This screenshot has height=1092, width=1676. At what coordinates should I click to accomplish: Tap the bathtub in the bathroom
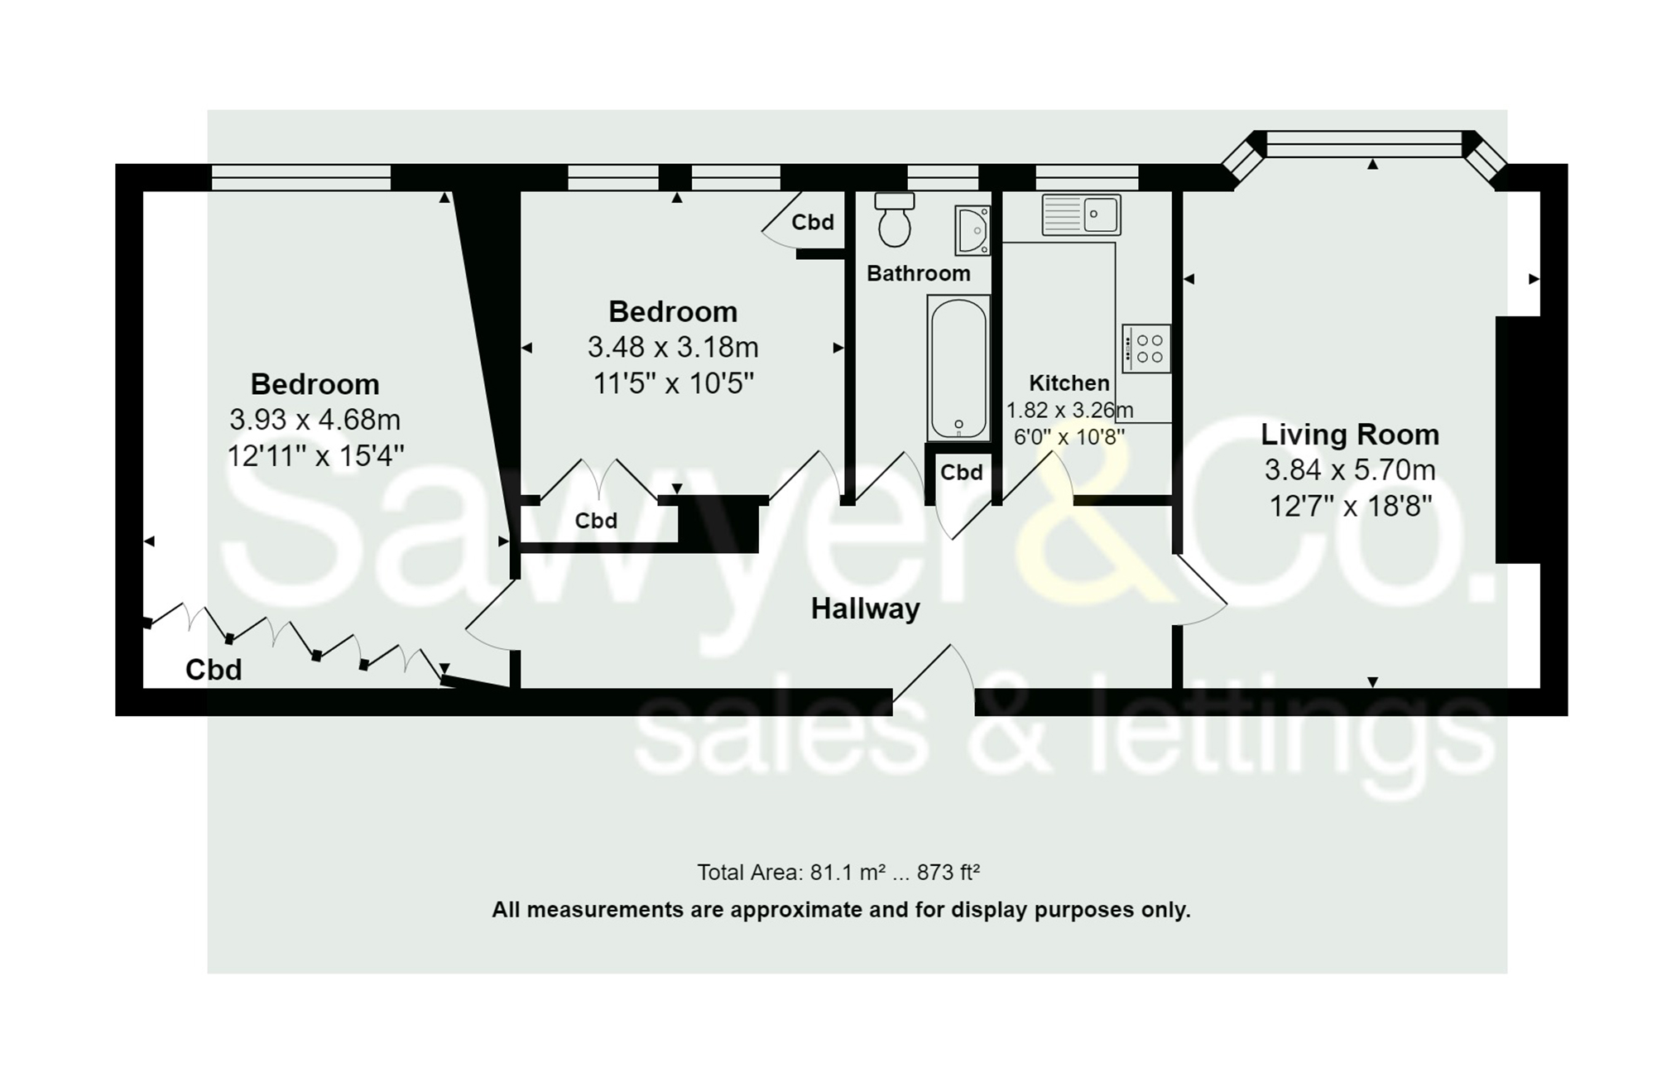point(958,368)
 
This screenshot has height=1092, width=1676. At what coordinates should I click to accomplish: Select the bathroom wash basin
point(972,229)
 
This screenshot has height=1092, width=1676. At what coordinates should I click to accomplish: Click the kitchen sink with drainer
point(1081,214)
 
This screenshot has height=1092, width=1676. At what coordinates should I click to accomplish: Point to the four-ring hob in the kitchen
point(1146,349)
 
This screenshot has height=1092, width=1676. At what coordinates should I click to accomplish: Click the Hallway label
point(865,609)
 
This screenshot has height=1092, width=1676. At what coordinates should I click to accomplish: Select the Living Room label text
point(1349,434)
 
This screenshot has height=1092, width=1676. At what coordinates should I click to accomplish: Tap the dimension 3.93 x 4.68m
point(315,420)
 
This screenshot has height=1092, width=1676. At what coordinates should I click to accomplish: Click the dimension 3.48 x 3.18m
point(673,347)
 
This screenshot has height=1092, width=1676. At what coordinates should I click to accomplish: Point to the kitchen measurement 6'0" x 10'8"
point(1069,436)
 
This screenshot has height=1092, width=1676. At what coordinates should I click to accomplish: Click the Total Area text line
point(838,872)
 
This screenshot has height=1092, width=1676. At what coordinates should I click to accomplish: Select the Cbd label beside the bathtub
point(961,472)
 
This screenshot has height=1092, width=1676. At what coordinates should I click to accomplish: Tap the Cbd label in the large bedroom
point(214,669)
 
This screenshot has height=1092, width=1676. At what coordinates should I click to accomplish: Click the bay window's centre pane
point(1363,144)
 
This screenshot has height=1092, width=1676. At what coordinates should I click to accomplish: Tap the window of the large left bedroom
point(300,177)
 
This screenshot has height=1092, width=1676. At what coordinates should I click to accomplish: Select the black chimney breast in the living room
point(1517,440)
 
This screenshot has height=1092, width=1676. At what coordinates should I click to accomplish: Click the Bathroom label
point(918,273)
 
